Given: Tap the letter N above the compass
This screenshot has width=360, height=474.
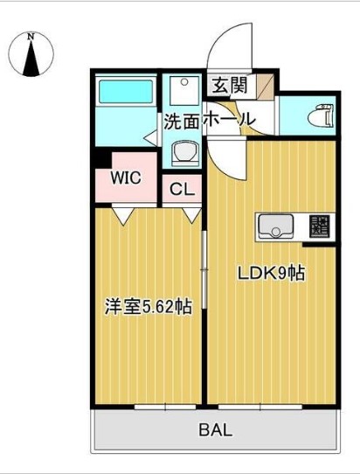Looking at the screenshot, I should (x=31, y=37).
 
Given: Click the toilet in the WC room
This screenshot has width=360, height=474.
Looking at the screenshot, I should (x=321, y=113).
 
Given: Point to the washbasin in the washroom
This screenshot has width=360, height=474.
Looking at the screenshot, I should (x=183, y=152).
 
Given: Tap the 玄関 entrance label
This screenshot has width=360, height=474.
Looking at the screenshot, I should (x=228, y=87).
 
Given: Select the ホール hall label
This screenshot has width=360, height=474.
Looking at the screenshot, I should (x=229, y=119).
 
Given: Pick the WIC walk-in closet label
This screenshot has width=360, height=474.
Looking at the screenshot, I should (x=126, y=178).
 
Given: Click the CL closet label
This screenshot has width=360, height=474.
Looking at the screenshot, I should (x=182, y=188).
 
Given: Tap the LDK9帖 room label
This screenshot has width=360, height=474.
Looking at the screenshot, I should (x=272, y=273).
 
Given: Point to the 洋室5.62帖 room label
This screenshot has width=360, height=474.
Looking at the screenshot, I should (x=149, y=307).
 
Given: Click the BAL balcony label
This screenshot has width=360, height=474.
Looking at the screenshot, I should (x=215, y=429).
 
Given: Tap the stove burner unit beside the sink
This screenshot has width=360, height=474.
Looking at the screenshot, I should (x=317, y=228).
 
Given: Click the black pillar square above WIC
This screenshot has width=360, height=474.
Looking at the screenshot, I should (x=101, y=158).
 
